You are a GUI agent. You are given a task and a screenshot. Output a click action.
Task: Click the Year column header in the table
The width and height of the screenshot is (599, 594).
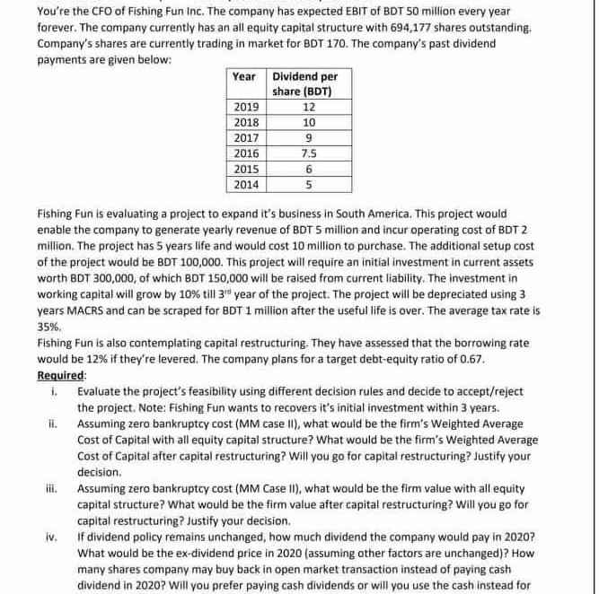point(243,76)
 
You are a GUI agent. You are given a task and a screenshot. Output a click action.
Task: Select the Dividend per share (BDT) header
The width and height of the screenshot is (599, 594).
point(304,83)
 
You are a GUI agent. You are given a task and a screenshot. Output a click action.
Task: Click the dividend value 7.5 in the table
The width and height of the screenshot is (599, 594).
point(309,153)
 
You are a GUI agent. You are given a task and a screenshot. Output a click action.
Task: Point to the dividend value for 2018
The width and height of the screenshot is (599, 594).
point(309,122)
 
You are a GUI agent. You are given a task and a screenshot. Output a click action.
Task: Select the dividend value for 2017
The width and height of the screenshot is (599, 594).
point(309,138)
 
